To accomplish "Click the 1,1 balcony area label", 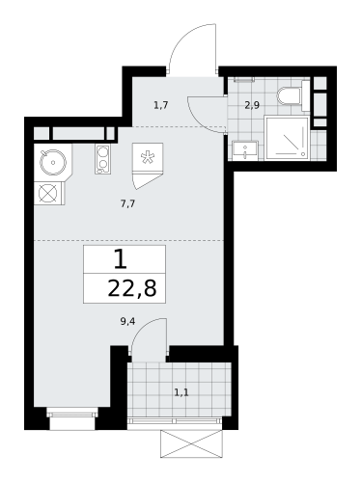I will (x=180, y=392).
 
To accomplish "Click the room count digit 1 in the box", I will (x=120, y=258).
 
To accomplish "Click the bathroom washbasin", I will (x=241, y=149).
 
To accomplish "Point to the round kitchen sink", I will (x=51, y=159).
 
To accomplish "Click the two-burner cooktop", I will (x=101, y=159).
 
